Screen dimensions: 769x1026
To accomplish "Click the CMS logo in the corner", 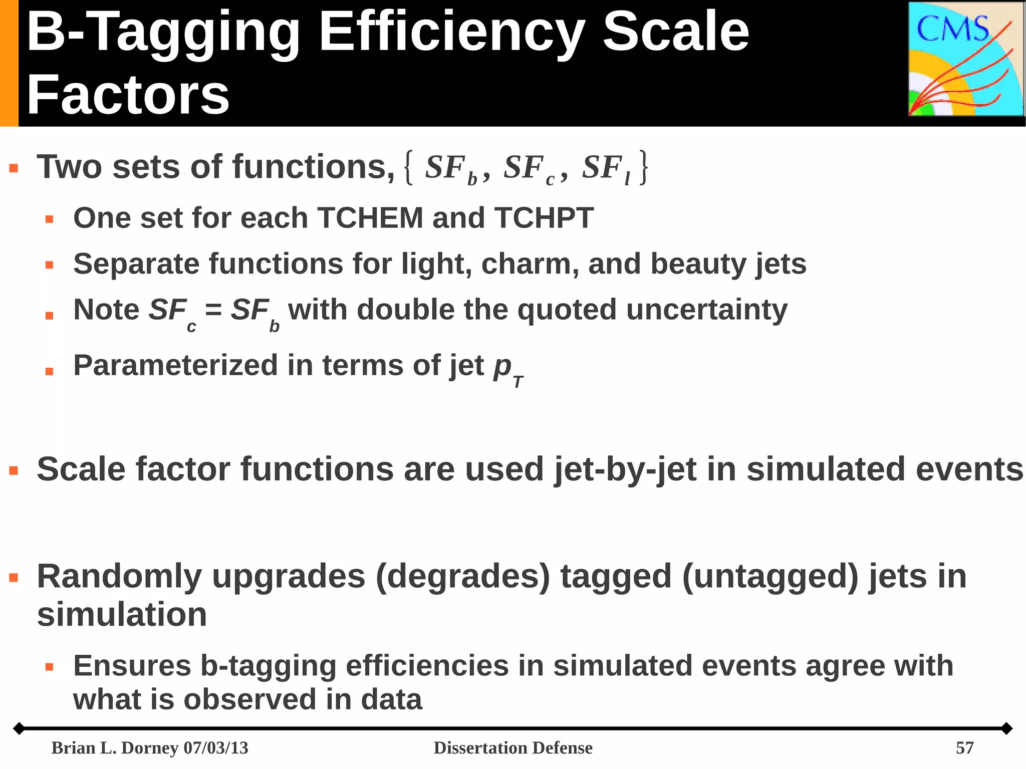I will coord(966,59).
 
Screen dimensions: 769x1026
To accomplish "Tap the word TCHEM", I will coord(370,218).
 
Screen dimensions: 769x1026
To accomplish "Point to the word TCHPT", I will coord(544,218).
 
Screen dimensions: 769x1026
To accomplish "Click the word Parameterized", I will coord(175,365).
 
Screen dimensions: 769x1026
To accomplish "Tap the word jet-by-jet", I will coord(625,470).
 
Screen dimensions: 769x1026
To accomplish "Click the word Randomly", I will coord(119,578).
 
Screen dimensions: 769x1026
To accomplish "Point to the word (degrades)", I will coord(462,578).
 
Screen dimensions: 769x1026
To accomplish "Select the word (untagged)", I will coord(770,578).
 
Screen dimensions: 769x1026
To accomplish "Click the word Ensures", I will coord(132,666).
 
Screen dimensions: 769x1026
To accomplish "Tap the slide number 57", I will coord(964,748).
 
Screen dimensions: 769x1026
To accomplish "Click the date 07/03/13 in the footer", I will coord(216,748).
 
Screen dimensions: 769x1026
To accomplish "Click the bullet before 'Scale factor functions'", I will coord(14,471).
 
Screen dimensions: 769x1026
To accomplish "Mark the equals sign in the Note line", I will coord(213,310).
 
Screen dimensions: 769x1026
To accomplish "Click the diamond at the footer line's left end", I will coord(19,728).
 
